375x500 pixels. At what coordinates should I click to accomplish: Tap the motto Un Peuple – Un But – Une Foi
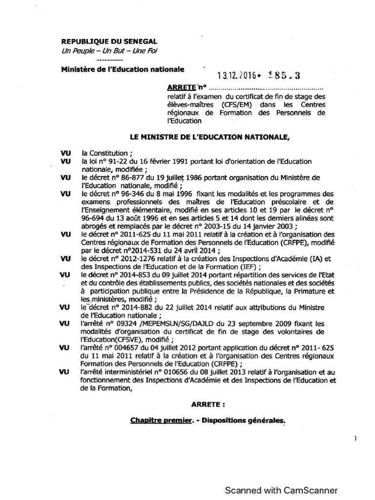109,52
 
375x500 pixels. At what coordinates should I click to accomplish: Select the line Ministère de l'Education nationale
123,69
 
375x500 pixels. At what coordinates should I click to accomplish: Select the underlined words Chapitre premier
159,420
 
